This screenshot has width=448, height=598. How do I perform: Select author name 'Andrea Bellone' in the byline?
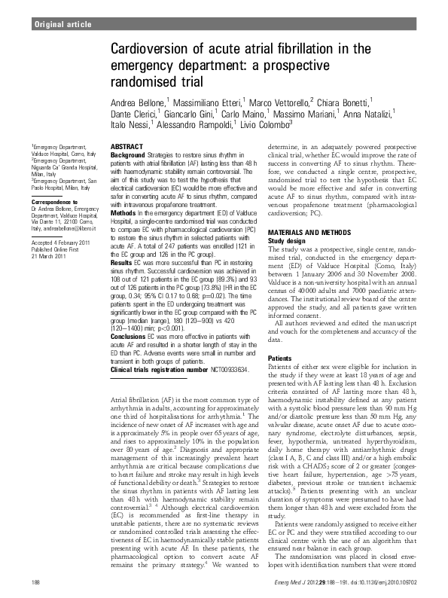coord(139,100)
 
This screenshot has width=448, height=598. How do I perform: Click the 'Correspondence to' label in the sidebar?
coord(54,203)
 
